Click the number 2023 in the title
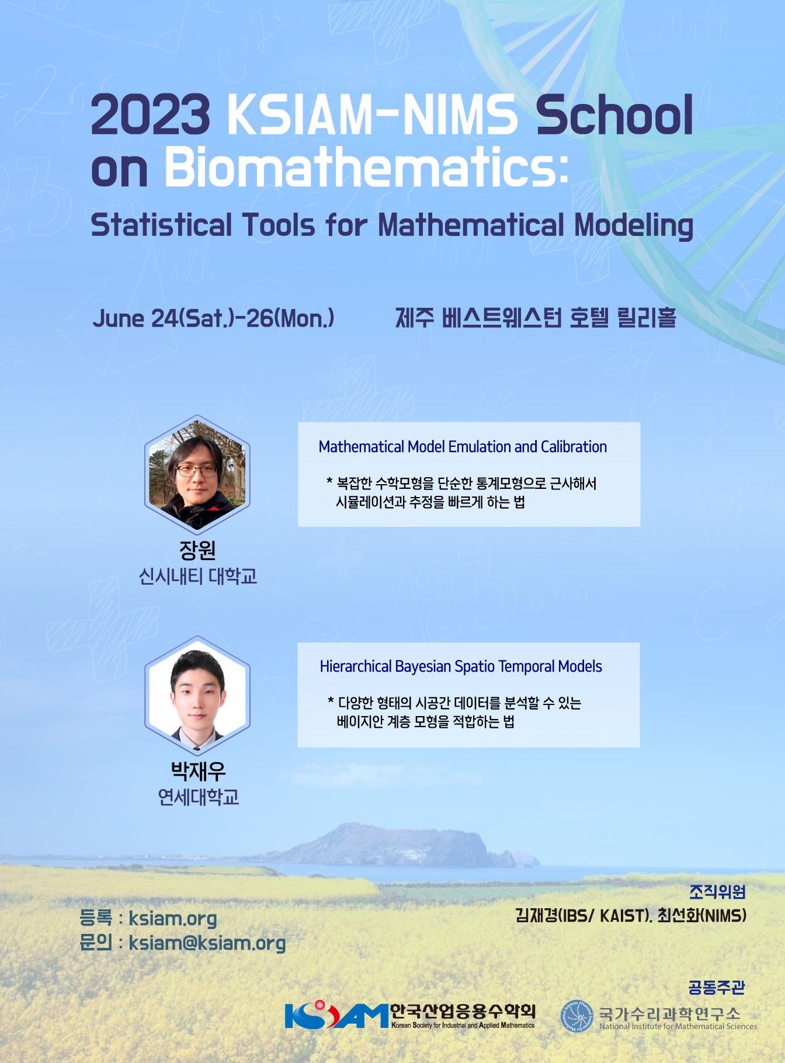click(150, 114)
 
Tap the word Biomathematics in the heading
click(366, 168)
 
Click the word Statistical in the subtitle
click(162, 225)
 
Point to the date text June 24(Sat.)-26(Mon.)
click(213, 318)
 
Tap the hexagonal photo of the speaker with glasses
click(197, 473)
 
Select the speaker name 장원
click(197, 550)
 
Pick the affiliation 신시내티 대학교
click(197, 576)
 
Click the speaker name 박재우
click(198, 771)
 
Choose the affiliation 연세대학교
click(198, 797)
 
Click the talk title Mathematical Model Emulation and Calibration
click(463, 447)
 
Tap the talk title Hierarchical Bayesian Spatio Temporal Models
click(461, 666)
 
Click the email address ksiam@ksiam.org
click(207, 943)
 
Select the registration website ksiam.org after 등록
click(173, 918)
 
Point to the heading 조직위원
click(717, 892)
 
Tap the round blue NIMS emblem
click(576, 1016)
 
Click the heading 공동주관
click(717, 987)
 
